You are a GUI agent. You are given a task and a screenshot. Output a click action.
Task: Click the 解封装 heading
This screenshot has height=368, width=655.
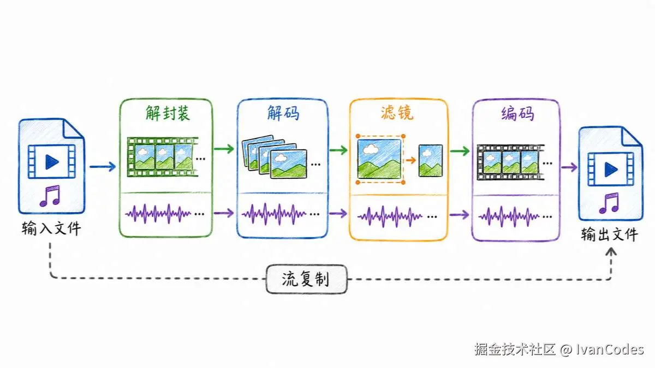click(168, 113)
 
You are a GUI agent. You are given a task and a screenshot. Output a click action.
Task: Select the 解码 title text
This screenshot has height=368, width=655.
click(283, 113)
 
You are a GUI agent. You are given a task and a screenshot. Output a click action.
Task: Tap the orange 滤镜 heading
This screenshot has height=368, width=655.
click(397, 113)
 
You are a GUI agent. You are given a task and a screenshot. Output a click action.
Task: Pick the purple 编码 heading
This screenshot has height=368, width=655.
click(517, 113)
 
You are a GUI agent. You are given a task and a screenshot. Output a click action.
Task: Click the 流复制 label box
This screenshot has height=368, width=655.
click(306, 279)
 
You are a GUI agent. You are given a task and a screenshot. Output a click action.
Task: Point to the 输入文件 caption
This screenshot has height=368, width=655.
click(51, 228)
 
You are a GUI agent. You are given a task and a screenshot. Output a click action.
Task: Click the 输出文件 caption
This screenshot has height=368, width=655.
click(609, 234)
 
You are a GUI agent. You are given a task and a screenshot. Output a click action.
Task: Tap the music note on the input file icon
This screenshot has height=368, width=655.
click(50, 196)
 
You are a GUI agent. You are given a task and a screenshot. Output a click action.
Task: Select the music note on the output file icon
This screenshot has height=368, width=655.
click(609, 203)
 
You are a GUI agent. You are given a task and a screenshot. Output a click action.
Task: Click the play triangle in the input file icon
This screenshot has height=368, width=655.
click(51, 162)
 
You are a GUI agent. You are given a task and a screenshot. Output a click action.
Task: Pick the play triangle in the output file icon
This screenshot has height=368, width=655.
click(611, 169)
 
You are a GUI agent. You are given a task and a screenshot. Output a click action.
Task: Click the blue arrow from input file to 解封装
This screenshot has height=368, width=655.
click(103, 167)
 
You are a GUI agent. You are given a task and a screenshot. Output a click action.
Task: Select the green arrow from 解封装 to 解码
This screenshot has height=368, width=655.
click(224, 149)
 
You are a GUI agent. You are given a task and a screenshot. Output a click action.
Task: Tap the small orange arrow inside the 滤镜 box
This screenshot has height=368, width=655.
click(411, 160)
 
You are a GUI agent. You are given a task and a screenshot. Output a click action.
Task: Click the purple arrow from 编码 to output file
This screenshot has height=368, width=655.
click(569, 167)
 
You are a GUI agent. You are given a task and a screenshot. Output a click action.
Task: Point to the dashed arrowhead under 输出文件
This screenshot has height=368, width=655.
click(611, 251)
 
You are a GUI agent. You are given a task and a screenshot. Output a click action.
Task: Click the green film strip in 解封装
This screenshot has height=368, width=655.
click(163, 157)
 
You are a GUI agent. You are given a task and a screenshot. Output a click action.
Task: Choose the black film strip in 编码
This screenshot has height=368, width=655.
click(510, 162)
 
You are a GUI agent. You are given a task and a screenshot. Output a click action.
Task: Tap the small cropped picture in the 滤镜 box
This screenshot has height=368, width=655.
click(431, 161)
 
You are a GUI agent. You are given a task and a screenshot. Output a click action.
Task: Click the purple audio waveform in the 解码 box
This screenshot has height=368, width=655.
click(273, 214)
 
